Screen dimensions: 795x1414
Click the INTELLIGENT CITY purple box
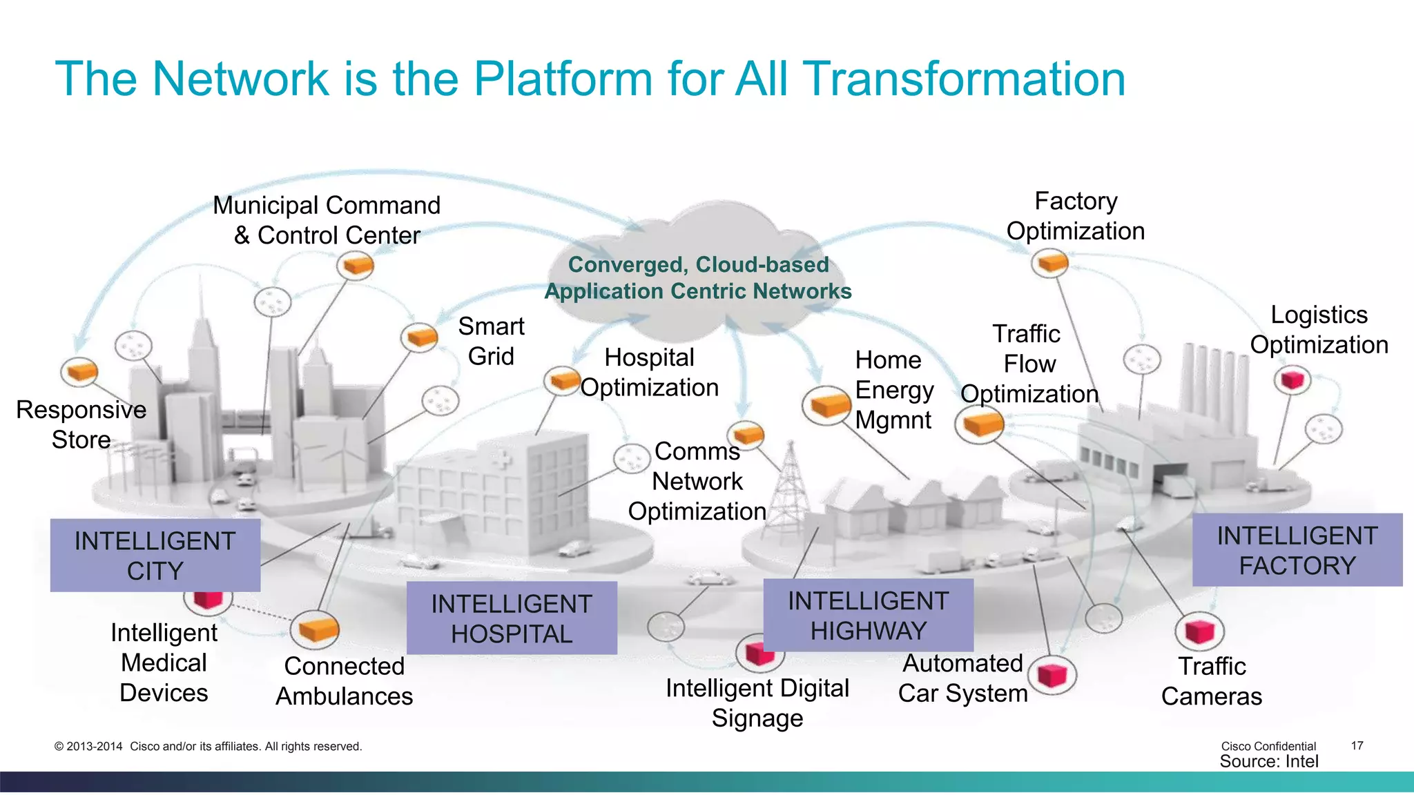[x=155, y=556]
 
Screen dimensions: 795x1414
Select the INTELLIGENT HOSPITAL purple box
[x=512, y=618]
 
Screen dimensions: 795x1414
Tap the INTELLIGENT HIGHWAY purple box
[x=869, y=616]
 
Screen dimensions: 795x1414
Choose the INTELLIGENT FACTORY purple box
[x=1297, y=550]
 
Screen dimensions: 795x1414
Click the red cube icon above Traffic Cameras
[x=1199, y=631]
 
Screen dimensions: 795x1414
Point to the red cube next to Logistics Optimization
[x=1292, y=379]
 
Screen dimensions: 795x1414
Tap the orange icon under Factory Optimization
[x=1050, y=263]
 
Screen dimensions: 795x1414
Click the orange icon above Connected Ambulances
[x=315, y=629]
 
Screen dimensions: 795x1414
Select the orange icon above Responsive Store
[x=79, y=371]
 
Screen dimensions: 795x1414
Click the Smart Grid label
[x=491, y=341]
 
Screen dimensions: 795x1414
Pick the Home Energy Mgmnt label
[x=893, y=389]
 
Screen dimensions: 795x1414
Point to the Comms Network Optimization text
[x=697, y=481]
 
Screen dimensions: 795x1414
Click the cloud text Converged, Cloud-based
[x=698, y=264]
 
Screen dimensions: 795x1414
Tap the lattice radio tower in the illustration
[x=789, y=483]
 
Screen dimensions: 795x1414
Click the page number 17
[x=1357, y=745]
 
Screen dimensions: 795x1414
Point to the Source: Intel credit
[x=1269, y=761]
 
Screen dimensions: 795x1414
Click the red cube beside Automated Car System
[x=1052, y=674]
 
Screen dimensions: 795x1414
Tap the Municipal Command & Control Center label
[x=327, y=220]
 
